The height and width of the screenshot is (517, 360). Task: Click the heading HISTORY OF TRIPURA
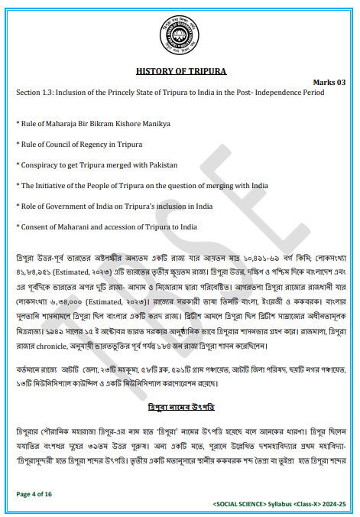point(181,71)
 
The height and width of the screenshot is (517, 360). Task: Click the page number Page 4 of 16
point(33,495)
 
